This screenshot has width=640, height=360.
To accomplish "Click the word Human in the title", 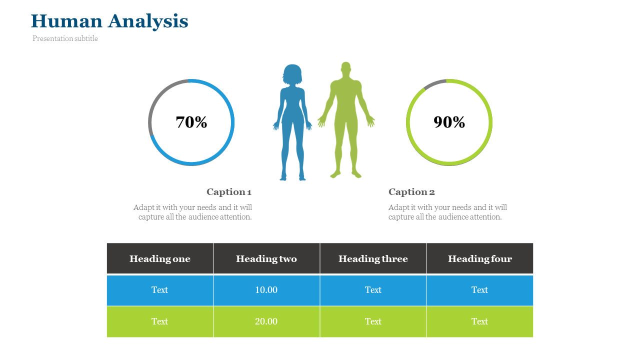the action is [66, 21].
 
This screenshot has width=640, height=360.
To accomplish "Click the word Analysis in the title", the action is [148, 21].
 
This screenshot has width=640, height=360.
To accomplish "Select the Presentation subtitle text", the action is [65, 38].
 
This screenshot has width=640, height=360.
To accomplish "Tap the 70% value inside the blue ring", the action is [191, 122].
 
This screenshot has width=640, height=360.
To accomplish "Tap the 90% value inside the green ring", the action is [449, 122].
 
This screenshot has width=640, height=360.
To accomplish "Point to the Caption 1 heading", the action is [229, 191].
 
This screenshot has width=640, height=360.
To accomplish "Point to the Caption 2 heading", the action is [411, 191].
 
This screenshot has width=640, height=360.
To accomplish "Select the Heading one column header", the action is [160, 258].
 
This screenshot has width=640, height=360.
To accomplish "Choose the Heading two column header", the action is [266, 258].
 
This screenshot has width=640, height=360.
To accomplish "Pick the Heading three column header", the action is [373, 258].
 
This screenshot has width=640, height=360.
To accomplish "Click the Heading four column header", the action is [480, 258].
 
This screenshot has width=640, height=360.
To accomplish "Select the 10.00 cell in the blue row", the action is [266, 290].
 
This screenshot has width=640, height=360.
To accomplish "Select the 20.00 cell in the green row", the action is [266, 321].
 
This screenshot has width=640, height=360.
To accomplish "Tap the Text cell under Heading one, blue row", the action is [160, 290].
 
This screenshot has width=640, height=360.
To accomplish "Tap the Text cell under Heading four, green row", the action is [480, 321].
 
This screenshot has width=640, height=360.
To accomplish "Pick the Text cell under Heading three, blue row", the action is [373, 290].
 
